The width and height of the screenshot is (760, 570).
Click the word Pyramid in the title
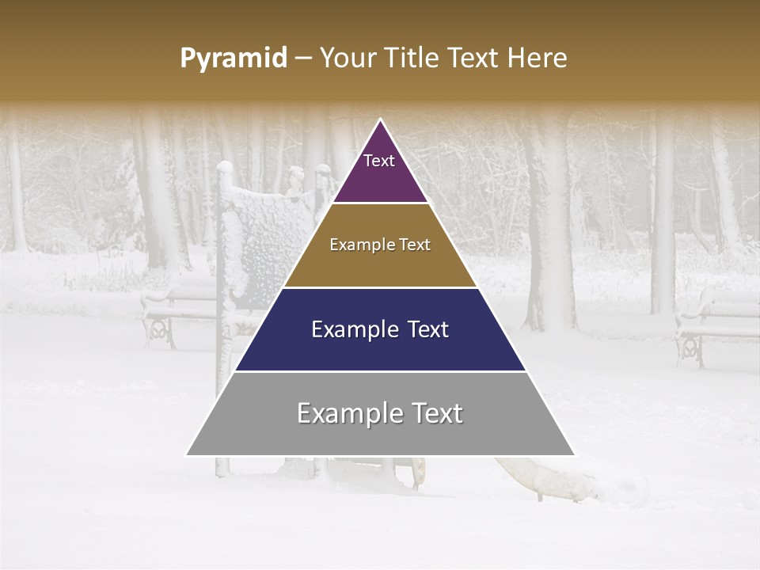coord(234,59)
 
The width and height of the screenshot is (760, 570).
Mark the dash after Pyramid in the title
coord(303,59)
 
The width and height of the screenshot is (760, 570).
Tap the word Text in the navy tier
coord(426,329)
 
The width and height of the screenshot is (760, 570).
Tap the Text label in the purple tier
coord(379,161)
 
